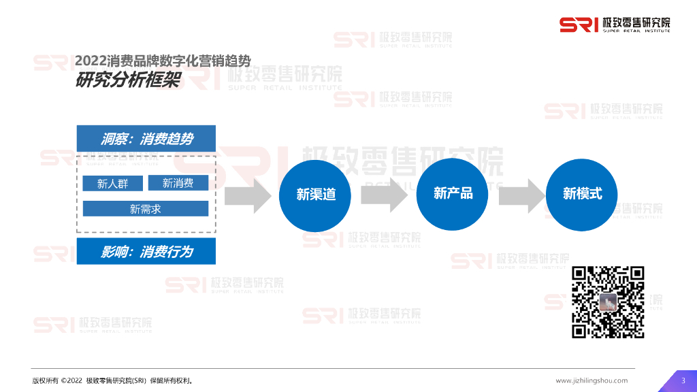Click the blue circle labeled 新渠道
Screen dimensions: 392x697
point(316,195)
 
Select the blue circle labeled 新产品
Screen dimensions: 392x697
point(453,194)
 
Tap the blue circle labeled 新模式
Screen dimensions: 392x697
point(582,194)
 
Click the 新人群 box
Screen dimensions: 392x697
point(113,184)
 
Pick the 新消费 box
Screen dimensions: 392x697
point(178,183)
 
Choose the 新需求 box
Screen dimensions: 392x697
point(146,209)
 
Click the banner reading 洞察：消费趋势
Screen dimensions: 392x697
point(146,139)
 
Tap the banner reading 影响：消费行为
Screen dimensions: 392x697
point(146,252)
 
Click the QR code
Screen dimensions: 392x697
point(608,302)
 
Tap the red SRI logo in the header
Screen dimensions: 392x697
point(579,24)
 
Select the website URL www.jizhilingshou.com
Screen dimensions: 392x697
point(591,380)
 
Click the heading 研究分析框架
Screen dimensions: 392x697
point(127,80)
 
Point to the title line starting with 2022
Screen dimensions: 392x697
point(167,61)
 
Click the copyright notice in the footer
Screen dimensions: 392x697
point(112,380)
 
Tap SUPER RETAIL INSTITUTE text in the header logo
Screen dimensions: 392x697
point(636,31)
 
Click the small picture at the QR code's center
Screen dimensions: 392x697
point(608,302)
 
